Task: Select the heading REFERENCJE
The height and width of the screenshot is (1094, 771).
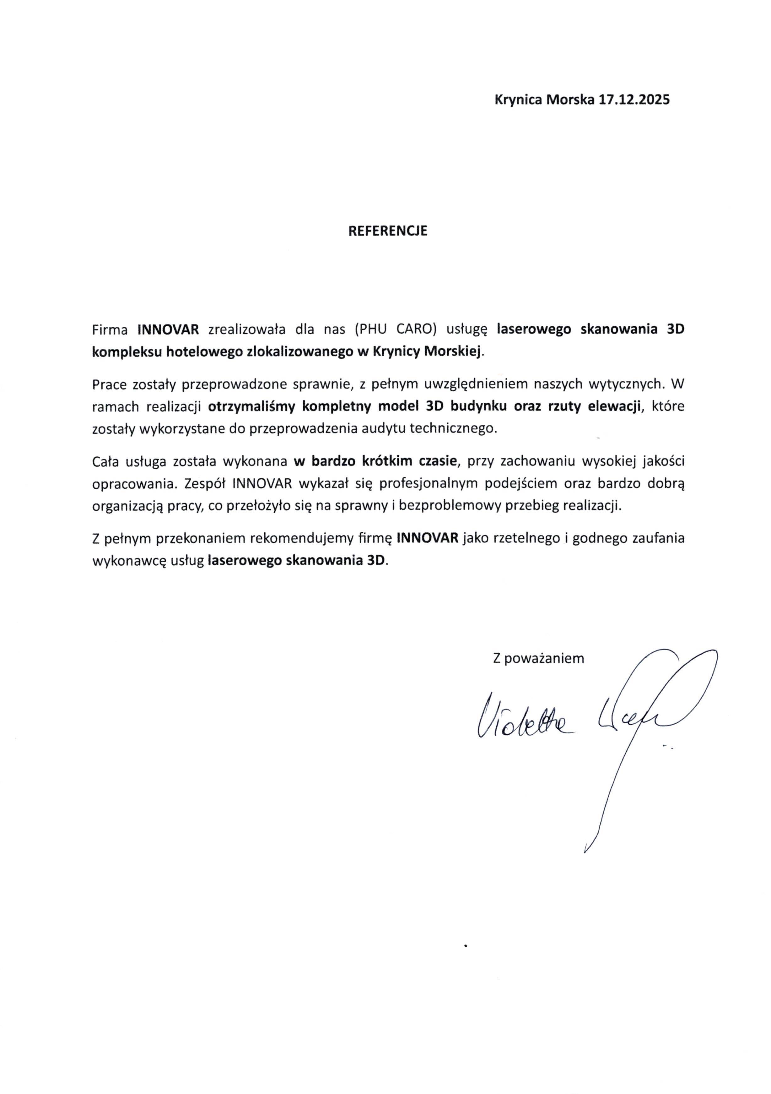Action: (388, 231)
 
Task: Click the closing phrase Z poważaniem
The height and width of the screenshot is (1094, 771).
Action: (538, 658)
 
